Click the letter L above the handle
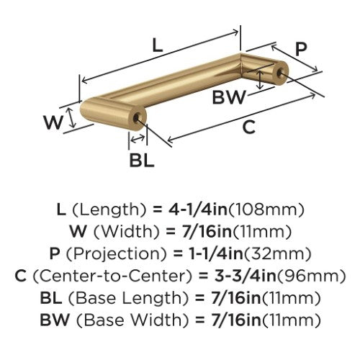pyautogui.click(x=158, y=45)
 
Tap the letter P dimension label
pyautogui.click(x=301, y=49)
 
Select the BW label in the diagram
pyautogui.click(x=229, y=97)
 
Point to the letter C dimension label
pyautogui.click(x=248, y=127)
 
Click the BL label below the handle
pyautogui.click(x=141, y=161)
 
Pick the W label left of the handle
pyautogui.click(x=53, y=122)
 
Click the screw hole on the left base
pyautogui.click(x=136, y=118)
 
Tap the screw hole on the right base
pyautogui.click(x=279, y=72)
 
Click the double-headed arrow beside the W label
pyautogui.click(x=71, y=117)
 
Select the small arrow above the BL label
pyautogui.click(x=138, y=139)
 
